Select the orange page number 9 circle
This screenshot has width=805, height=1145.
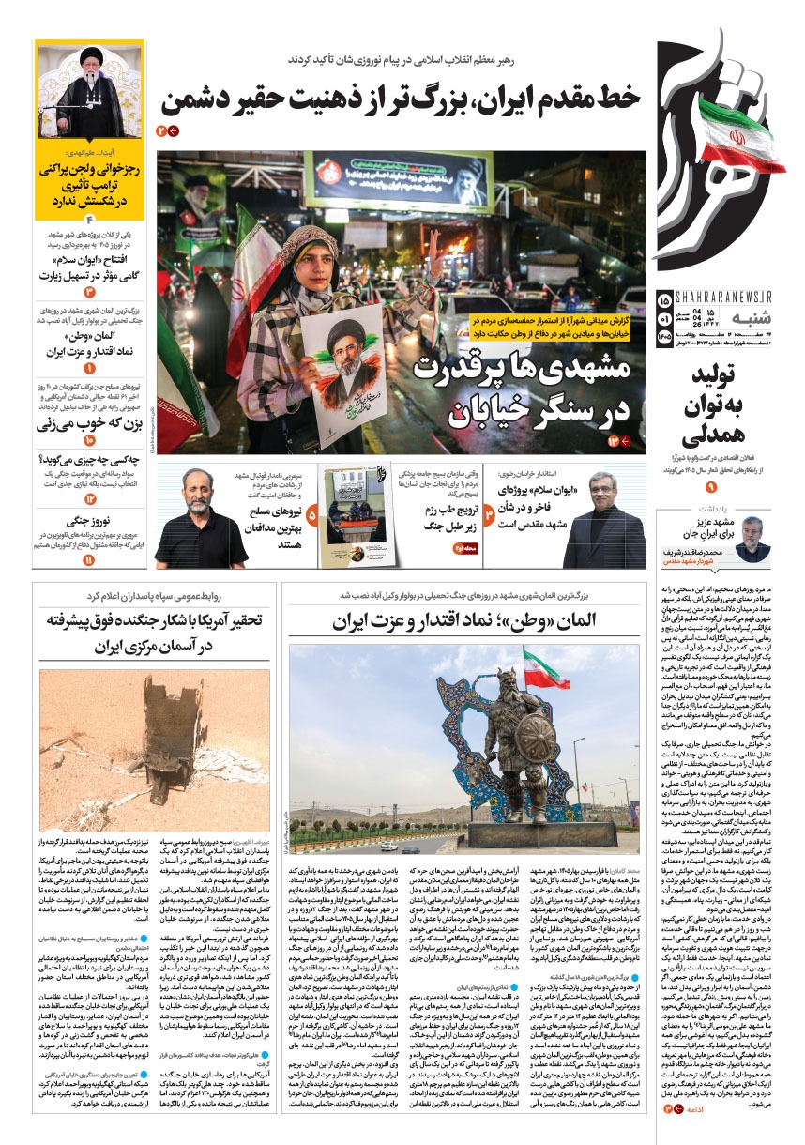point(710,487)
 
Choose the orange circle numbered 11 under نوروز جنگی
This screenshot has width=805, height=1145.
point(89,559)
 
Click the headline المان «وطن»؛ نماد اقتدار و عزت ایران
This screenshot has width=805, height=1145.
point(464,621)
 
